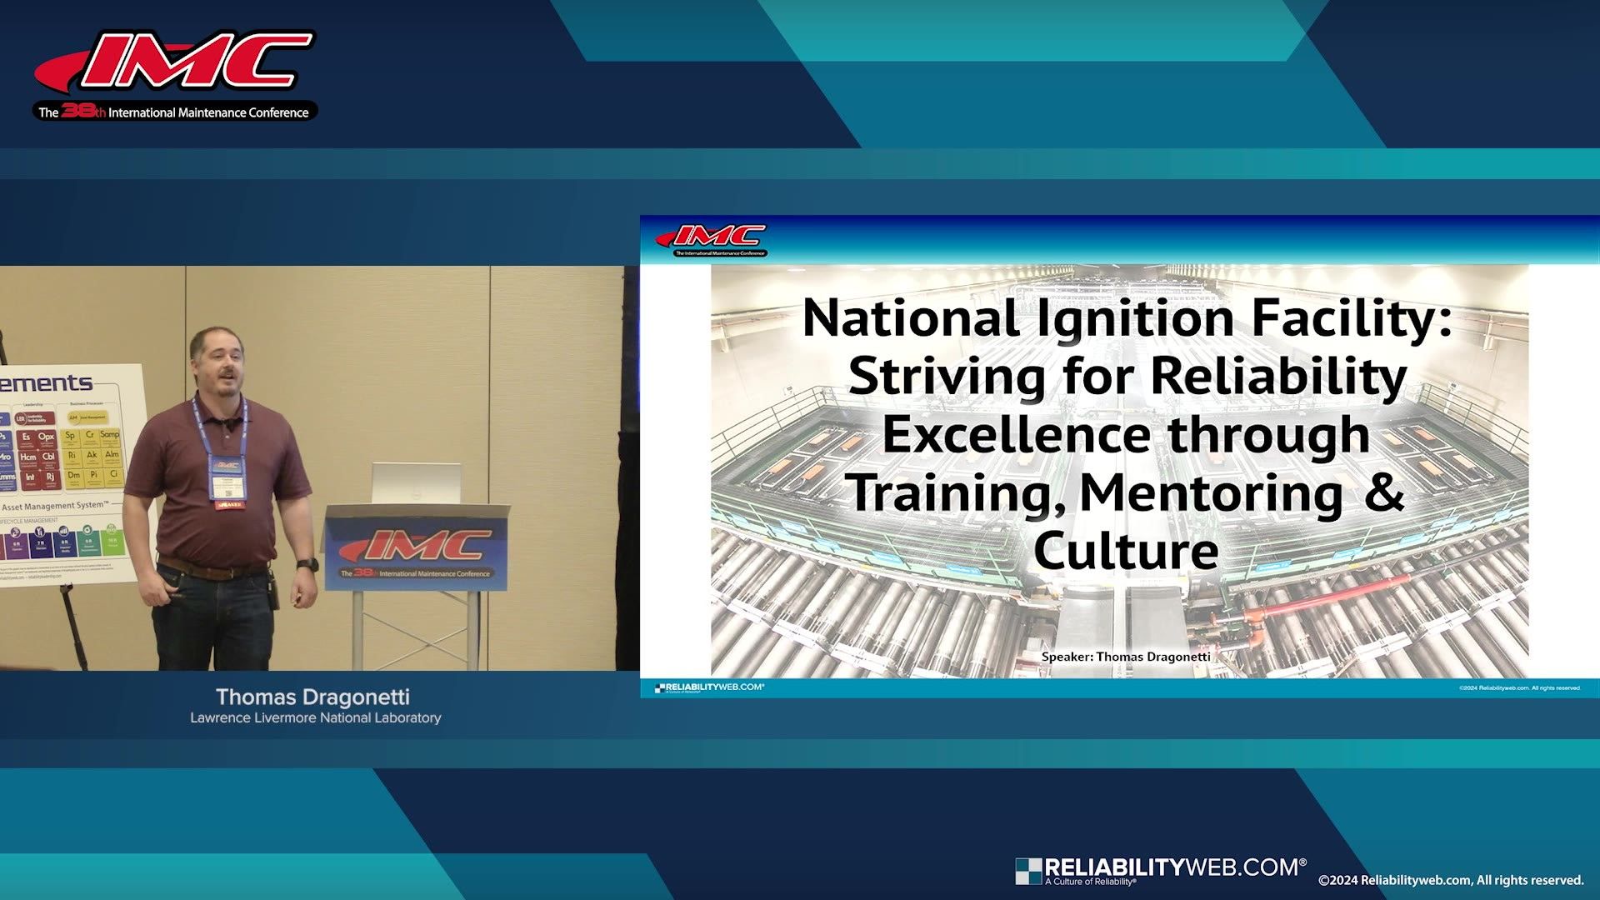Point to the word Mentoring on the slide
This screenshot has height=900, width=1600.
tap(1211, 493)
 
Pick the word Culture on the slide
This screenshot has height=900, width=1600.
tap(1126, 551)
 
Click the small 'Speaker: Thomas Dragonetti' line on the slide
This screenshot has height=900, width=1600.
tap(1126, 657)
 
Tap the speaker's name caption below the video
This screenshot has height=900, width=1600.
tap(312, 697)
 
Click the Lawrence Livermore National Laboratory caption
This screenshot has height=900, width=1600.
tap(315, 717)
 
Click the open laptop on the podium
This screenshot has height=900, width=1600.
tap(416, 483)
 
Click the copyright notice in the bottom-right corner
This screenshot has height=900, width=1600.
tap(1450, 880)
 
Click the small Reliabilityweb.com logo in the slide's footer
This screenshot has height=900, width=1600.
tap(709, 687)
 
